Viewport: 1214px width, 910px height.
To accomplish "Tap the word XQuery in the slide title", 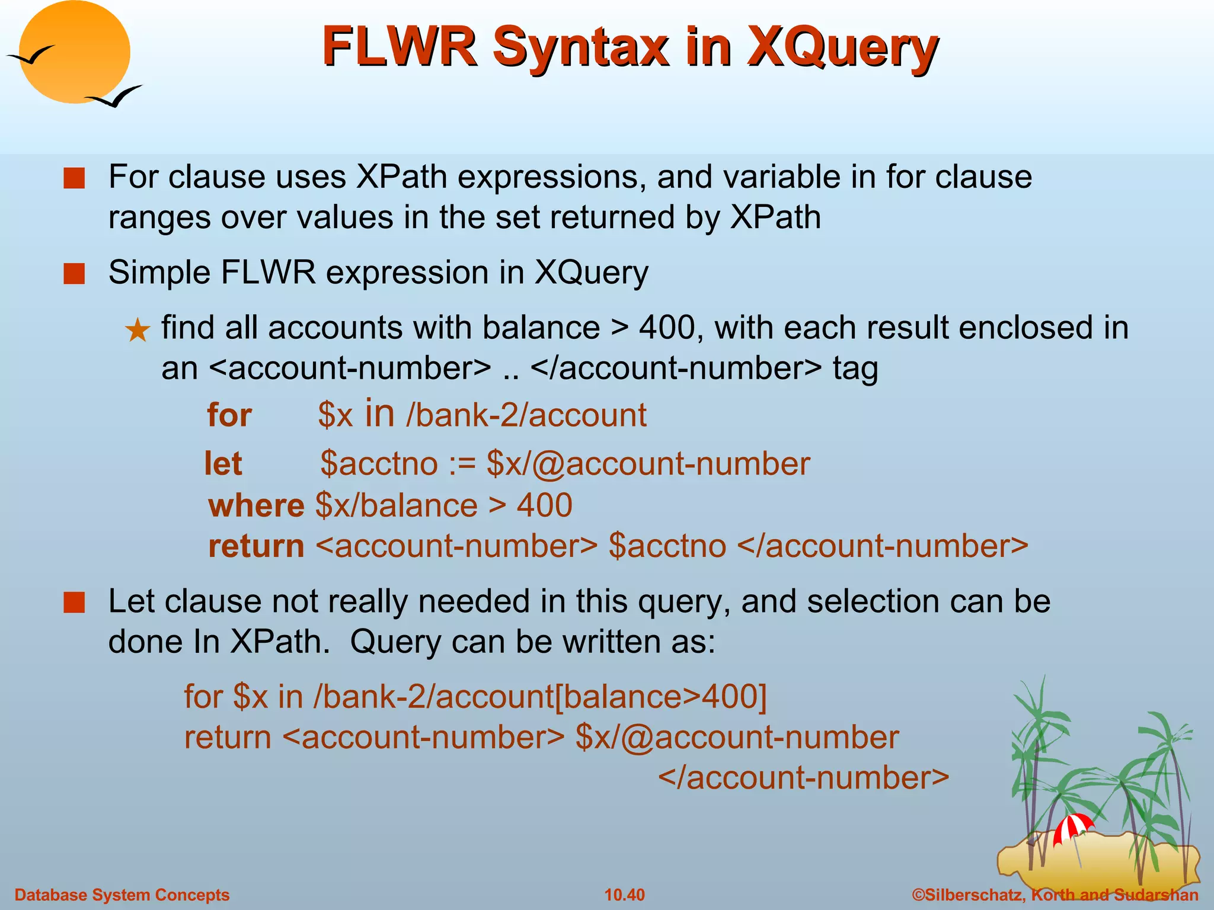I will tap(842, 47).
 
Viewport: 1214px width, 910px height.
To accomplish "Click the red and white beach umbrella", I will tap(1073, 827).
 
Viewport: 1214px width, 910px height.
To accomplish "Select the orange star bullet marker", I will tap(138, 331).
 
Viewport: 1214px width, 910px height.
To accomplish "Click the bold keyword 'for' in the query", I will tap(229, 415).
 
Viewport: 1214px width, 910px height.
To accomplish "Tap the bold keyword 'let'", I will tap(223, 463).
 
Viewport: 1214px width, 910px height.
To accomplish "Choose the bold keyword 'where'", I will tap(256, 505).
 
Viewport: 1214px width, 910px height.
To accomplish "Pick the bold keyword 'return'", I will tap(256, 546).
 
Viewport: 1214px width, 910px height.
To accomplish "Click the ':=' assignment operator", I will tap(462, 463).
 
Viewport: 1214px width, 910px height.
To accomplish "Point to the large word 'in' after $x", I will tap(379, 413).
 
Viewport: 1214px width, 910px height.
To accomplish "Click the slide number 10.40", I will tap(624, 895).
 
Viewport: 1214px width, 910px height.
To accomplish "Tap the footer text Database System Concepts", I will tap(122, 895).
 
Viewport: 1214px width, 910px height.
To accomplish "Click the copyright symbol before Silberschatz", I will tap(918, 895).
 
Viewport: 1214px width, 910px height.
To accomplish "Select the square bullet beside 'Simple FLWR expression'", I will tap(75, 274).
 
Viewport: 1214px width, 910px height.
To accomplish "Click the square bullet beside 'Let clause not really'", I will tap(75, 603).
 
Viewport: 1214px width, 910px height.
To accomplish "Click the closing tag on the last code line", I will tap(803, 777).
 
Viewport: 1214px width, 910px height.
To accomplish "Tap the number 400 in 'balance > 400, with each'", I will tap(666, 328).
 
